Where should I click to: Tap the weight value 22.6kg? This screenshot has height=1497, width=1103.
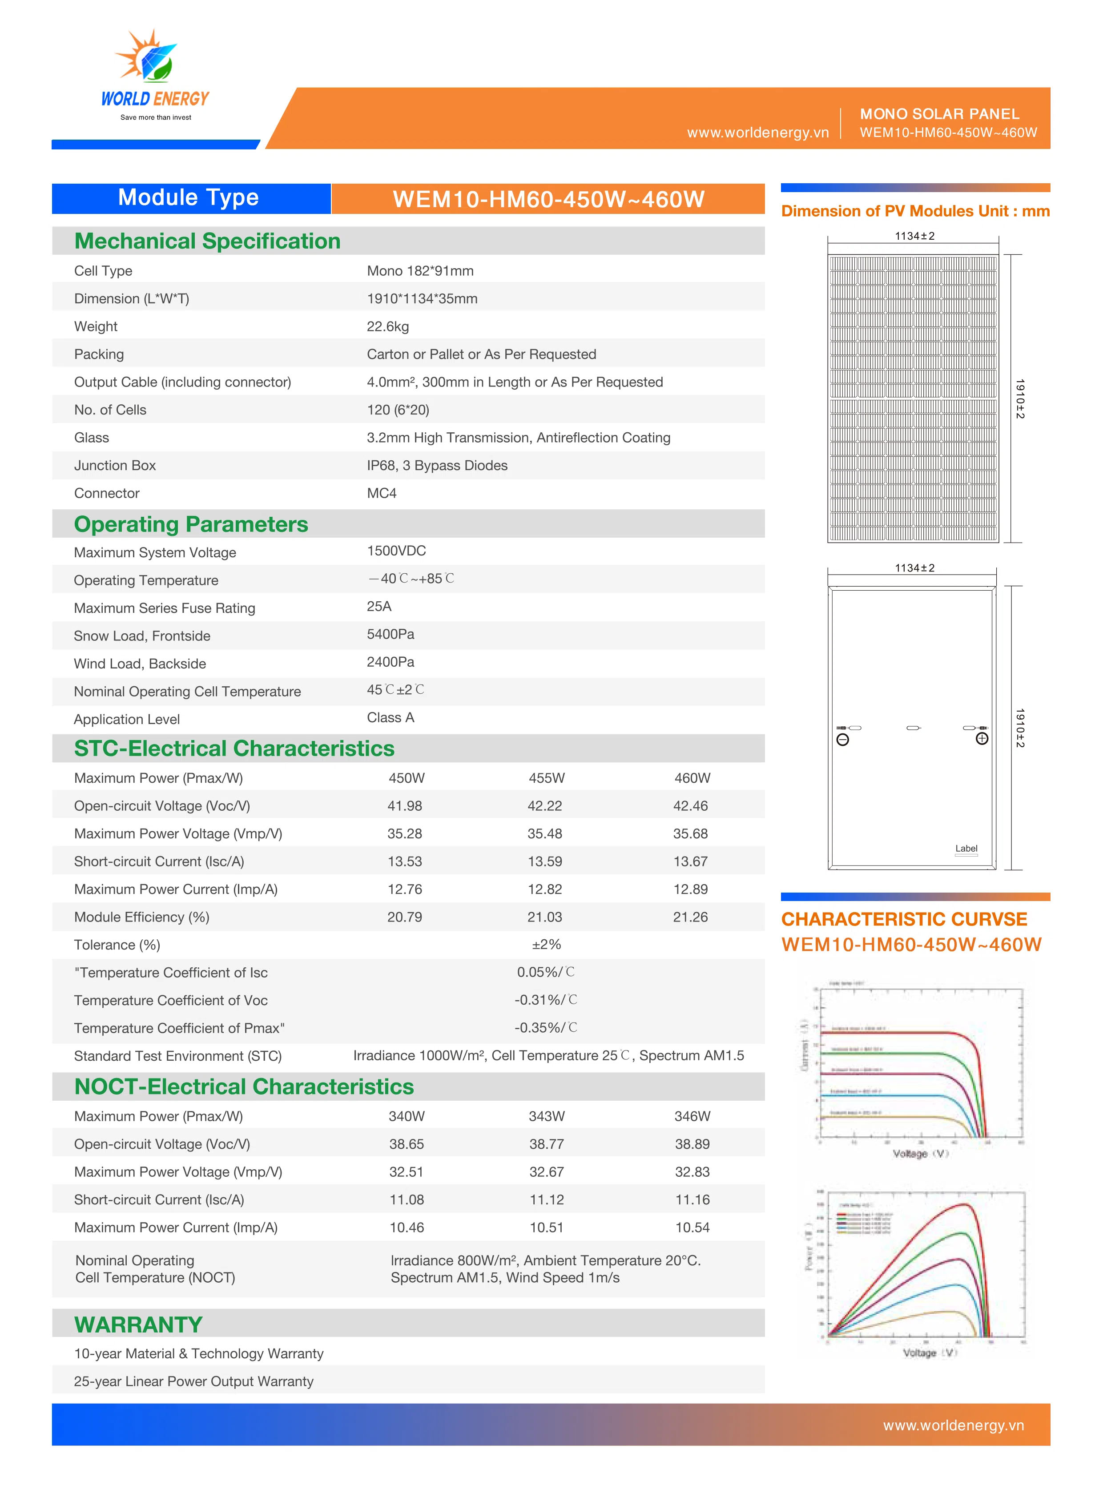pos(387,326)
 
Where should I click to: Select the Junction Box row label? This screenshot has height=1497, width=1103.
pos(115,465)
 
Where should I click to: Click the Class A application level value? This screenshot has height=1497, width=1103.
pos(390,718)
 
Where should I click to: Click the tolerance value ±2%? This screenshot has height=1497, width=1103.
pos(546,945)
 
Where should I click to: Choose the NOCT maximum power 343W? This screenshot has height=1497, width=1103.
pos(546,1116)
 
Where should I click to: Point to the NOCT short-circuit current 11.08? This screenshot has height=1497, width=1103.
pos(406,1200)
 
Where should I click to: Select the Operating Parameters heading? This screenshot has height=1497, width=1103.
pos(191,524)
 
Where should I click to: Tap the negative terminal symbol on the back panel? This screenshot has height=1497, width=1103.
pos(843,740)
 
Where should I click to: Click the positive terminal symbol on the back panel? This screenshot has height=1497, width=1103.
pos(982,738)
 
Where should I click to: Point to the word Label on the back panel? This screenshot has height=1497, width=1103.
pos(966,849)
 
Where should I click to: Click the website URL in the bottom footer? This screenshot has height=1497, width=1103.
pos(953,1425)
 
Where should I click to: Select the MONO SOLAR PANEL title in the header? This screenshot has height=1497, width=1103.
pos(939,114)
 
